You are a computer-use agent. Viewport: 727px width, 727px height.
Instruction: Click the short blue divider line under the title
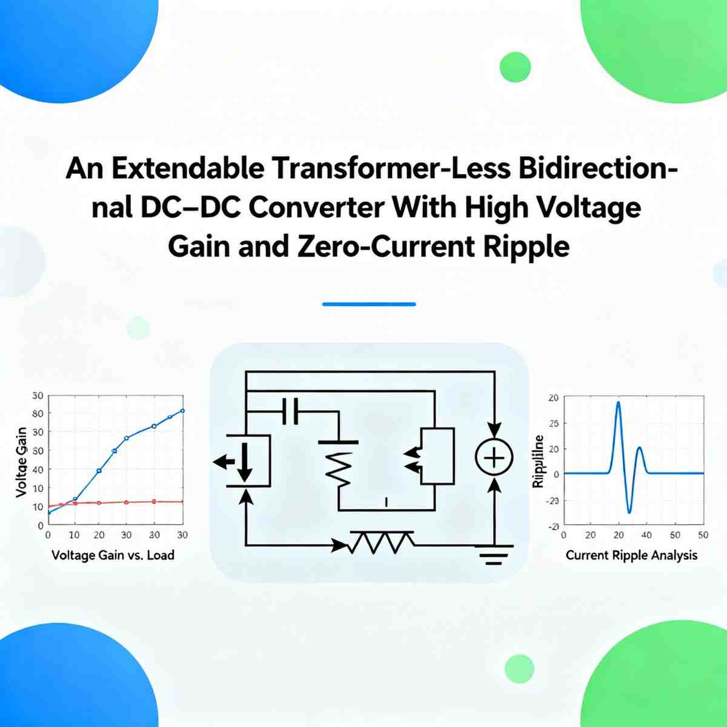(369, 304)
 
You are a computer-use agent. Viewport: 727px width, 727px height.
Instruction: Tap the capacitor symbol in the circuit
(290, 412)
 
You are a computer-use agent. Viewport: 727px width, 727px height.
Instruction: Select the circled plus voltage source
(494, 458)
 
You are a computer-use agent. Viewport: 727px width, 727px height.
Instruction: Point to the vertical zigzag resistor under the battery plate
(339, 470)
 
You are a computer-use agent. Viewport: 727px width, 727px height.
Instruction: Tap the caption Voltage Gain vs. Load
(113, 555)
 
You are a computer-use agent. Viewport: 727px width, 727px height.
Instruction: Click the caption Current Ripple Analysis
(631, 555)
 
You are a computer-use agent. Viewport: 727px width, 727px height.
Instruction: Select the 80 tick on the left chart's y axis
(38, 414)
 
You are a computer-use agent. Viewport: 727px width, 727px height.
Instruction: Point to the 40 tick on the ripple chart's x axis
(646, 536)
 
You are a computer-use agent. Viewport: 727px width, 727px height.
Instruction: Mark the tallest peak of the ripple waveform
(618, 402)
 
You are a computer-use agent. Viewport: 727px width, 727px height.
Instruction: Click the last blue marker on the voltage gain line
(182, 411)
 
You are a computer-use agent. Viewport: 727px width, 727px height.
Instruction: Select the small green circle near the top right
(516, 67)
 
